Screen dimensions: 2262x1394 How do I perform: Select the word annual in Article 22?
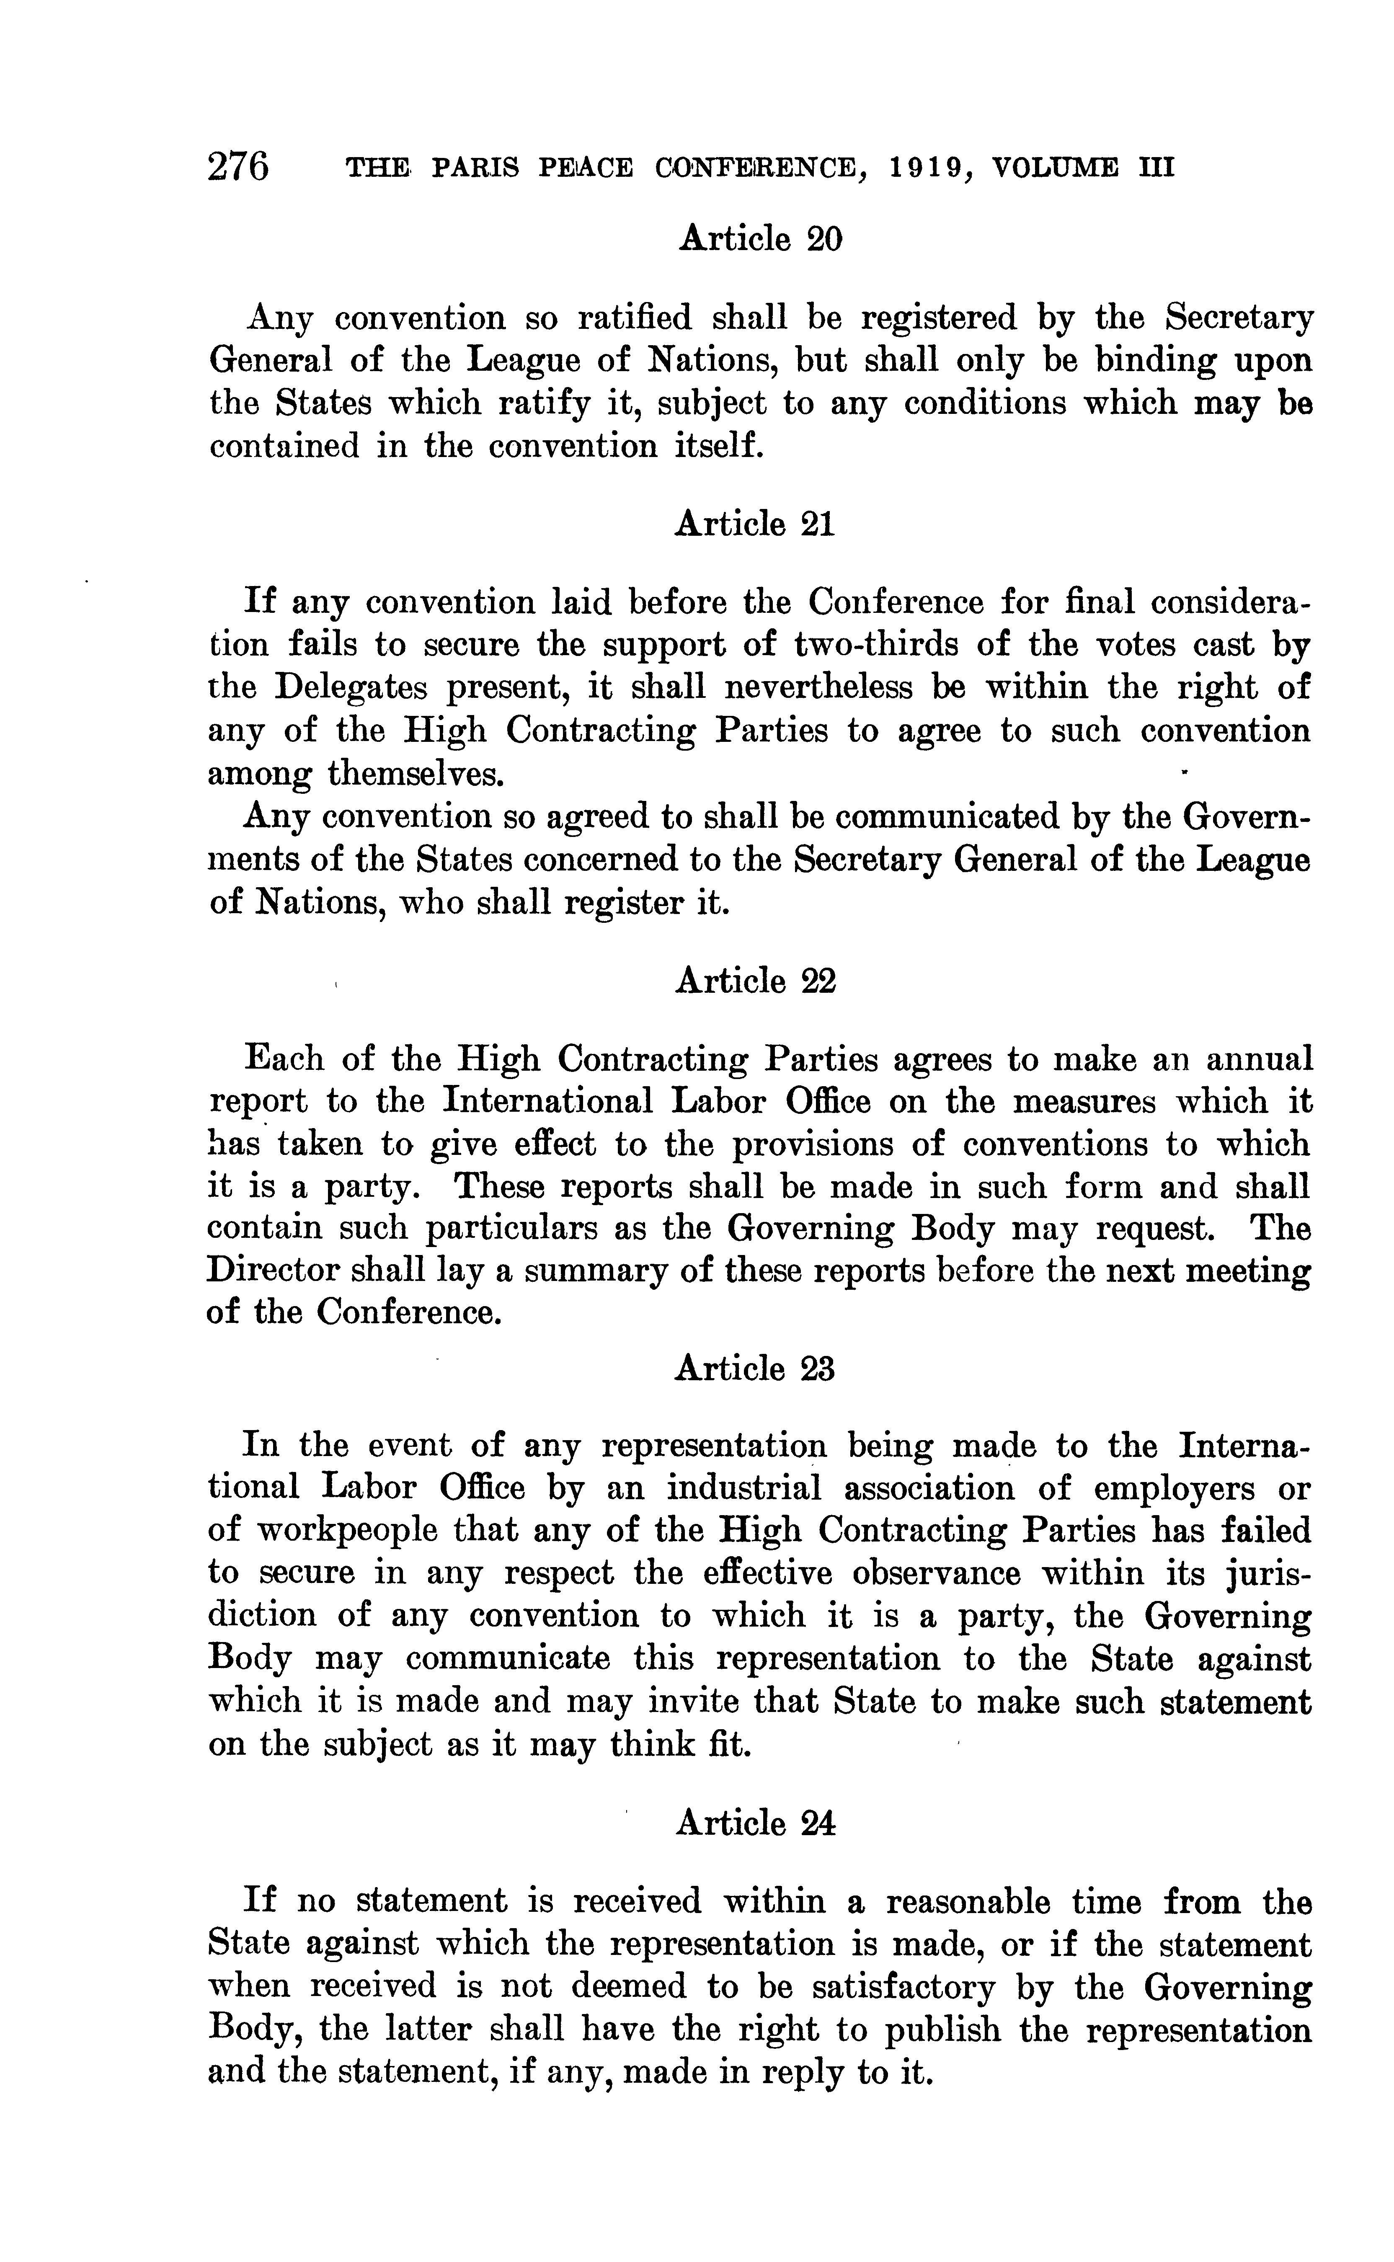click(x=1258, y=1059)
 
